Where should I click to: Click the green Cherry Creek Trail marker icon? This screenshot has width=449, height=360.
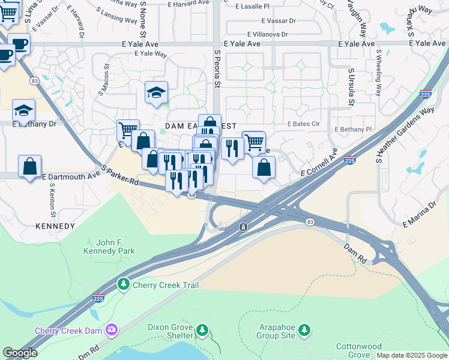click(124, 283)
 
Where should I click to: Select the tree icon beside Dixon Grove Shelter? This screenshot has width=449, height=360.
click(202, 330)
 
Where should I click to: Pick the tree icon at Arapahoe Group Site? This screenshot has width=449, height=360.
click(305, 329)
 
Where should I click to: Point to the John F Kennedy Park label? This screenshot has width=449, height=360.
click(109, 247)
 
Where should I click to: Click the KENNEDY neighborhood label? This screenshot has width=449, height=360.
click(55, 226)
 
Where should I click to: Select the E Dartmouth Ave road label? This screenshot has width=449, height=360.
click(71, 176)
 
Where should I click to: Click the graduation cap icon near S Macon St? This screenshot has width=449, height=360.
click(156, 92)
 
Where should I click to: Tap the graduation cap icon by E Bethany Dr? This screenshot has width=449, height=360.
click(24, 110)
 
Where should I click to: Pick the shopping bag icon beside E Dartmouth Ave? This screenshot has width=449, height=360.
click(30, 166)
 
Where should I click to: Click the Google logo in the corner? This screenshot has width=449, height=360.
click(20, 353)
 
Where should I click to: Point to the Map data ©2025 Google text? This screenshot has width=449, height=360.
click(412, 355)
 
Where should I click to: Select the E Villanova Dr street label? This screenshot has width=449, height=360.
click(267, 35)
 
